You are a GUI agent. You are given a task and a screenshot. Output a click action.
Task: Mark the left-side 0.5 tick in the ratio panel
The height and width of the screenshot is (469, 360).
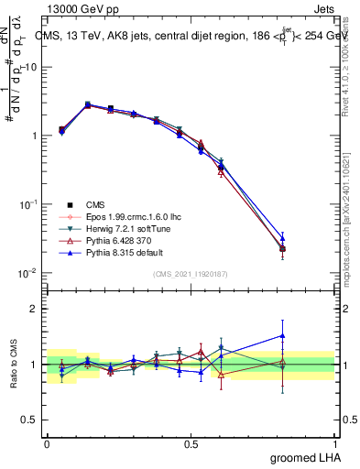tap(33, 420)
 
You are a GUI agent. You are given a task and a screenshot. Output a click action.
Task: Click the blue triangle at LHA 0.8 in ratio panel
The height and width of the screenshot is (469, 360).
tap(282, 336)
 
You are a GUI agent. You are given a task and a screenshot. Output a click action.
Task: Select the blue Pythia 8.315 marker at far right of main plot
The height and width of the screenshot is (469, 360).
tap(282, 237)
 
